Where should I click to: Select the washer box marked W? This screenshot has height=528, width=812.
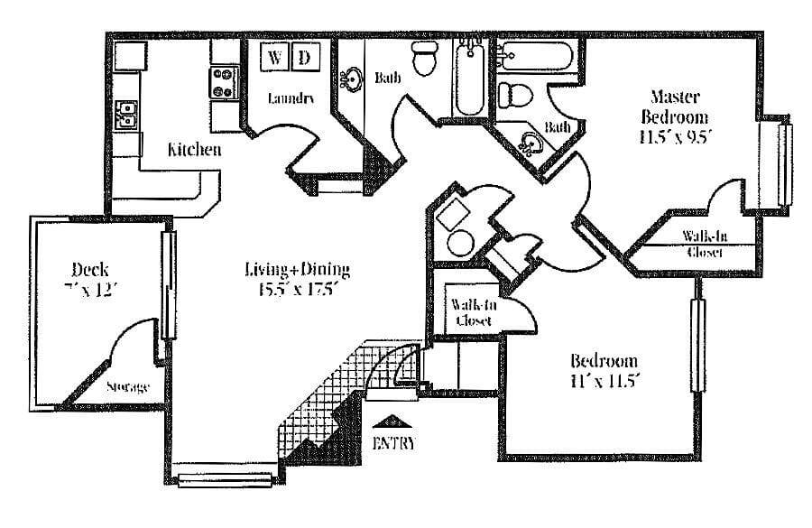pyautogui.click(x=275, y=57)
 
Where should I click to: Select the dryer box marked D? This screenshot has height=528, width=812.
pyautogui.click(x=304, y=57)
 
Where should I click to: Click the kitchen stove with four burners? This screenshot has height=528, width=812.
pyautogui.click(x=223, y=83)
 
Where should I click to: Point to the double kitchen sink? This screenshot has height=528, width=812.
pyautogui.click(x=127, y=115)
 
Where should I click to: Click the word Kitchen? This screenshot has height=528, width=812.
pyautogui.click(x=194, y=149)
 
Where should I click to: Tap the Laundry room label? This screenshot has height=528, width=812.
pyautogui.click(x=291, y=98)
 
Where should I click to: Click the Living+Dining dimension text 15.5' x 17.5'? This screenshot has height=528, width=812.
pyautogui.click(x=297, y=290)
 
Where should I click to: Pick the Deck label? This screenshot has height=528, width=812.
pyautogui.click(x=91, y=268)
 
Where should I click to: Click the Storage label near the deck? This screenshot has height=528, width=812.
pyautogui.click(x=127, y=387)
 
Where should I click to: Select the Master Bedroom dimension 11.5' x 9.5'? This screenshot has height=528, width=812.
pyautogui.click(x=674, y=137)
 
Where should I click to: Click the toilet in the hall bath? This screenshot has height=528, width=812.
pyautogui.click(x=423, y=60)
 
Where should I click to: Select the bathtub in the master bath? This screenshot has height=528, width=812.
pyautogui.click(x=532, y=55)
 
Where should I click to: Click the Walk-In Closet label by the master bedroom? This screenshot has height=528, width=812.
pyautogui.click(x=705, y=245)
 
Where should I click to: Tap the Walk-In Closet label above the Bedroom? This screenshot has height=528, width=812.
pyautogui.click(x=473, y=311)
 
